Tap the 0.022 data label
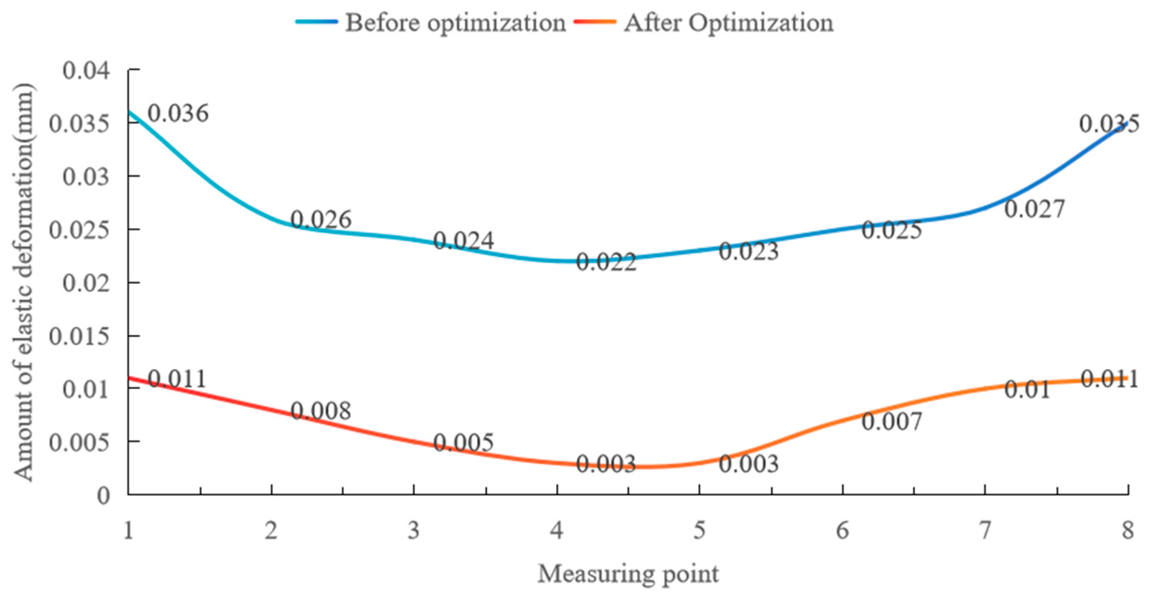point(606,262)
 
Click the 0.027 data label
point(1035,209)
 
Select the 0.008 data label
point(321,411)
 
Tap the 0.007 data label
point(892,422)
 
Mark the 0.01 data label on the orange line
point(1027,390)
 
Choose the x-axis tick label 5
point(699,530)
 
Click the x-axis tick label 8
point(1127,530)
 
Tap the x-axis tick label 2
point(271,530)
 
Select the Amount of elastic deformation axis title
point(23,282)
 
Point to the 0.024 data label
point(463,241)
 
